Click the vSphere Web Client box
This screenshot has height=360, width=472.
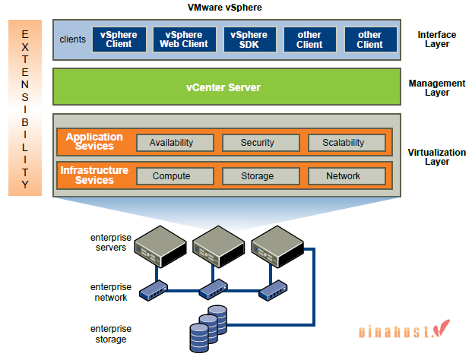pyautogui.click(x=184, y=39)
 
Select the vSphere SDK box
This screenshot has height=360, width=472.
pyautogui.click(x=249, y=39)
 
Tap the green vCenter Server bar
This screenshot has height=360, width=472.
pyautogui.click(x=223, y=87)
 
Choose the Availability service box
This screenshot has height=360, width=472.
pyautogui.click(x=171, y=142)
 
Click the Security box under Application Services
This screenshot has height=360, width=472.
pyautogui.click(x=257, y=142)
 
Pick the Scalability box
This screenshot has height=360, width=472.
pyautogui.click(x=343, y=142)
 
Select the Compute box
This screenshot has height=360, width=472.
pyautogui.click(x=171, y=175)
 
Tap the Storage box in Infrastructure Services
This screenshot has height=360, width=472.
pyautogui.click(x=257, y=175)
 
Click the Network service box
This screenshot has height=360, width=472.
pyautogui.click(x=343, y=175)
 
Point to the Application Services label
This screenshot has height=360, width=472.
pyautogui.click(x=94, y=141)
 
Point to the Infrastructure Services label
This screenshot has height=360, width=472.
pyautogui.click(x=94, y=175)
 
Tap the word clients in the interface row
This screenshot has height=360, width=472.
pyautogui.click(x=72, y=39)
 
